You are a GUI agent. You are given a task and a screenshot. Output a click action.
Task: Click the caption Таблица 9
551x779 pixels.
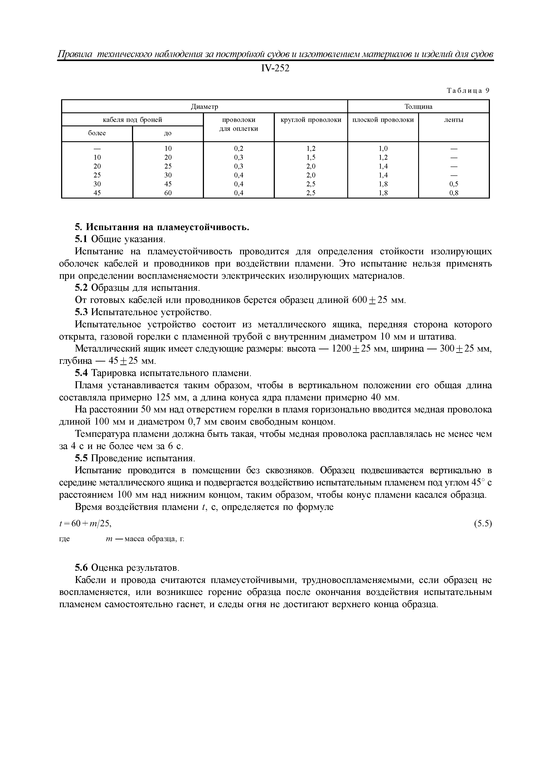(468, 91)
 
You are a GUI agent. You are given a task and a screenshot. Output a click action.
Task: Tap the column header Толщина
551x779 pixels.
(418, 107)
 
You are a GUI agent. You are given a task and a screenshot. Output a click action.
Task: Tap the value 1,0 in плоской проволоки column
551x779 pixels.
(383, 148)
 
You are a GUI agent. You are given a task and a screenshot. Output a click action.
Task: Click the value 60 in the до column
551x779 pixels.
(168, 193)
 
